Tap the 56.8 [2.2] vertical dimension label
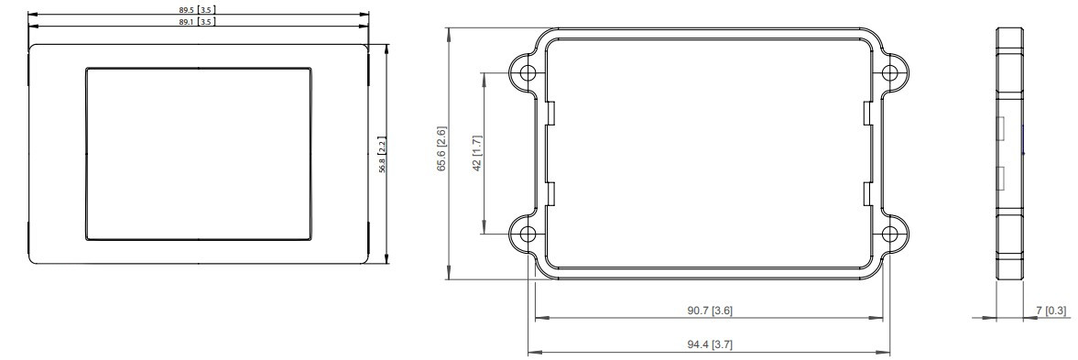[x=382, y=155]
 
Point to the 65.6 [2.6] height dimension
[x=442, y=148]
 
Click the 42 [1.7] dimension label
[x=478, y=153]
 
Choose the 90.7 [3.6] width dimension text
[x=710, y=311]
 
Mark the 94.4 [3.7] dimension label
[x=710, y=344]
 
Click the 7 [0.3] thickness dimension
[x=1051, y=311]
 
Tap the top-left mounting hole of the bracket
[x=528, y=72]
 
